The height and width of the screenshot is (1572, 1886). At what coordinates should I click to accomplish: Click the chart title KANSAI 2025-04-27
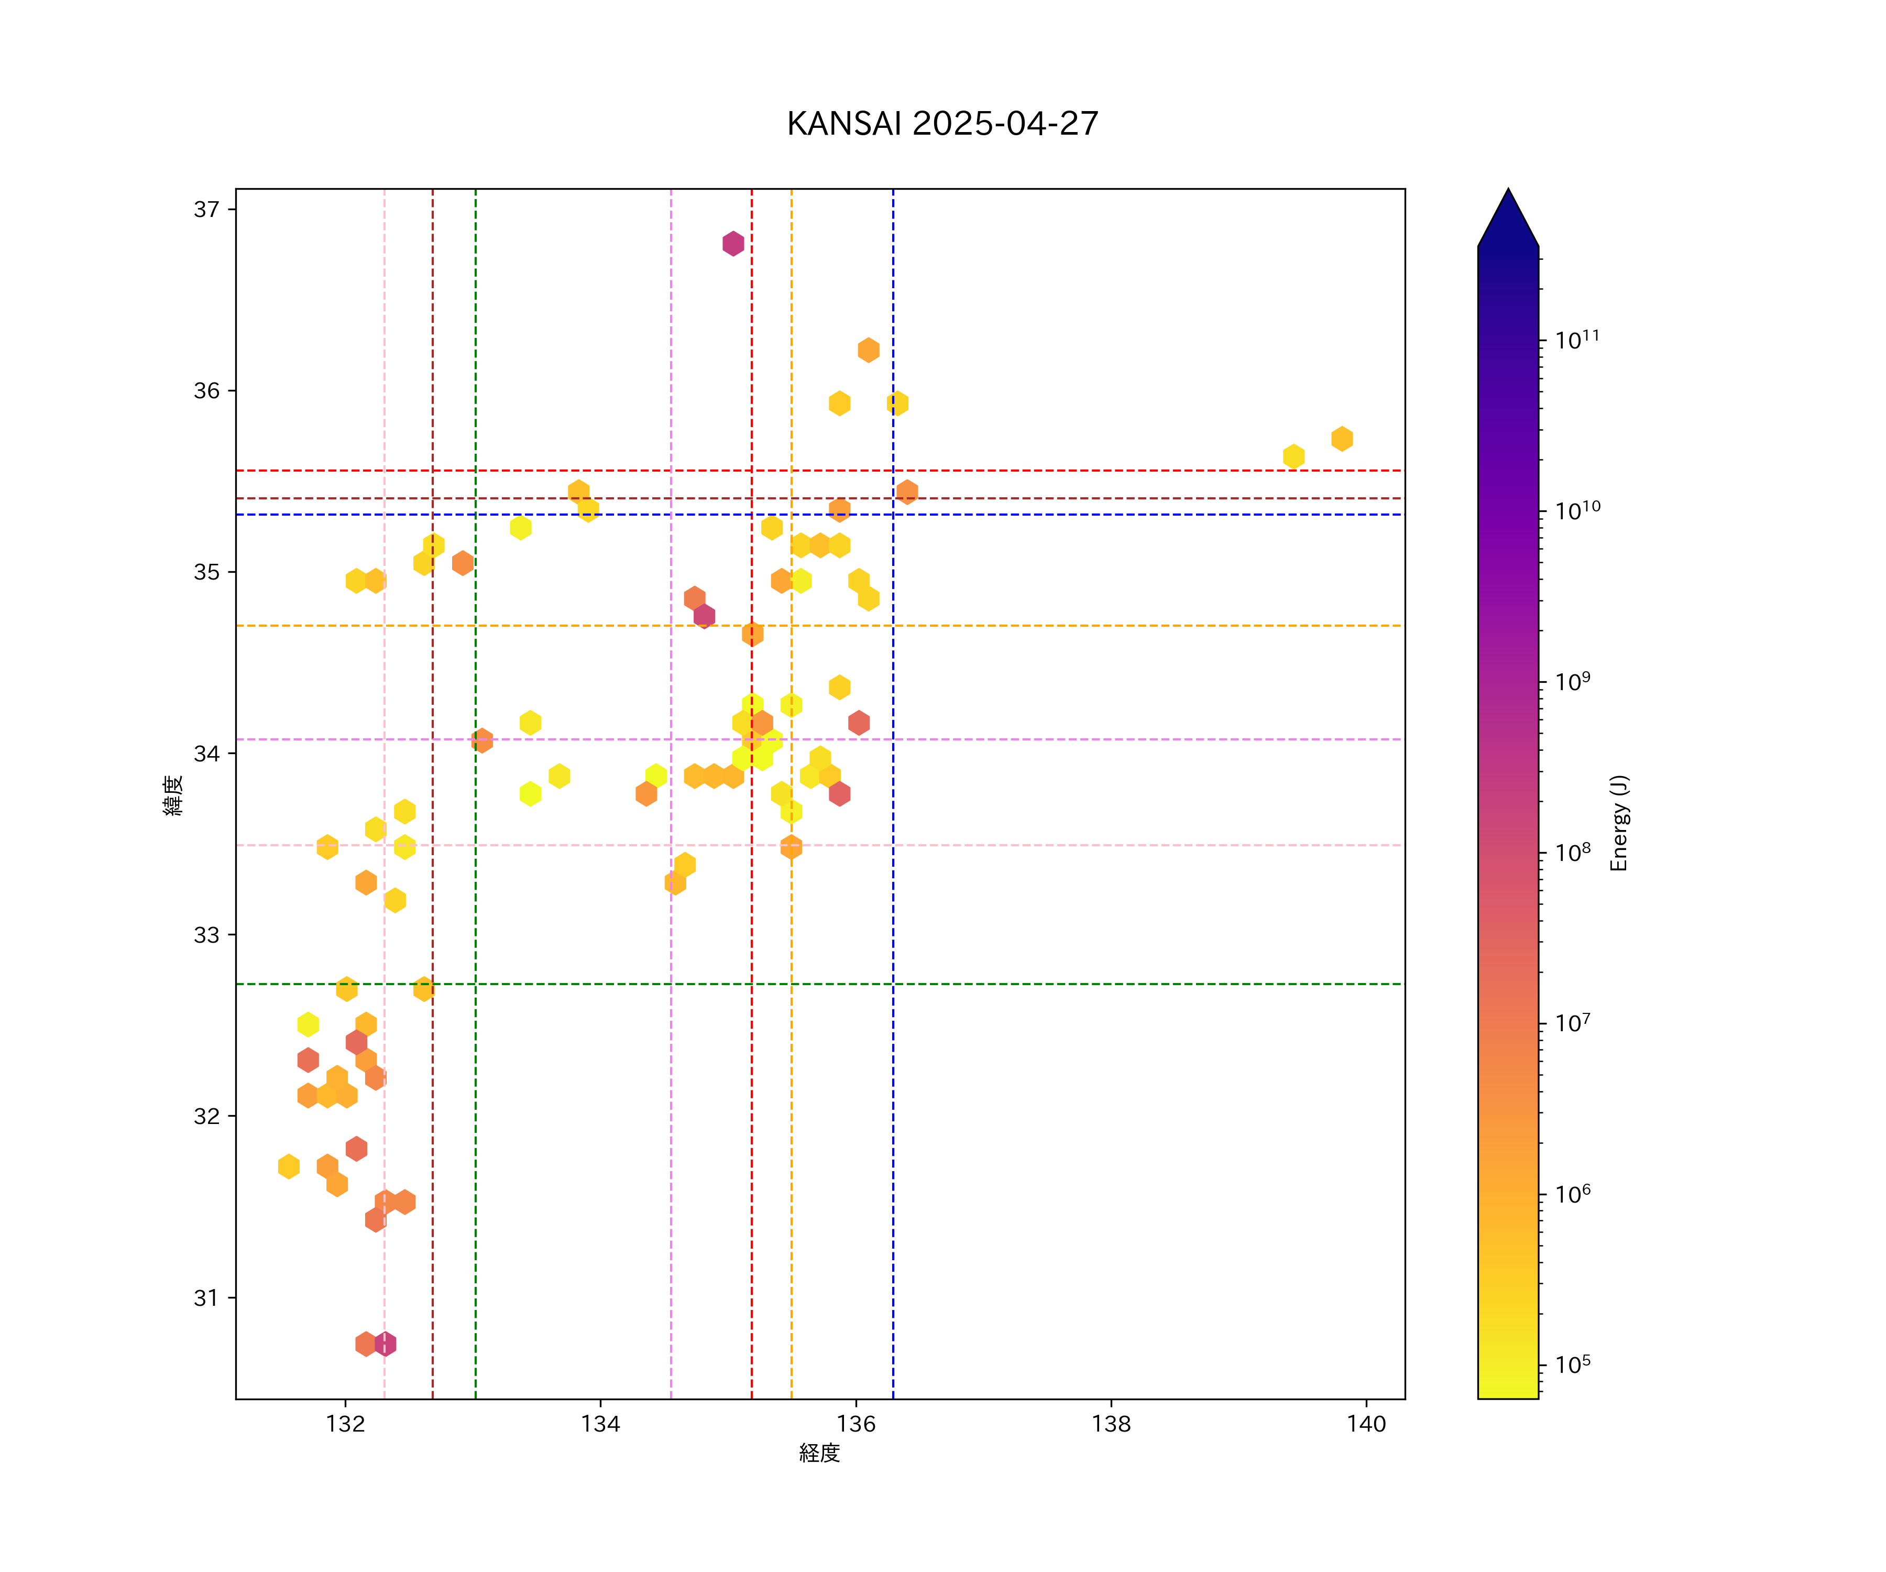tap(942, 124)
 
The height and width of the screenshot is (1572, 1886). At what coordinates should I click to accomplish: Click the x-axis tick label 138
tap(1111, 1424)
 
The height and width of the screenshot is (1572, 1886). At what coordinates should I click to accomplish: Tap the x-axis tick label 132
tap(345, 1424)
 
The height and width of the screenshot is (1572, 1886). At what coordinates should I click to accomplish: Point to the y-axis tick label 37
tap(206, 209)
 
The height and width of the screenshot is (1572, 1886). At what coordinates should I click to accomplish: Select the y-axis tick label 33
tap(206, 935)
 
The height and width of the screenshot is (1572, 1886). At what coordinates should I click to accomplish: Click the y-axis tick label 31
tap(206, 1298)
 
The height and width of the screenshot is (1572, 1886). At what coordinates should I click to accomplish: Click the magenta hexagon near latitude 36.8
tap(733, 244)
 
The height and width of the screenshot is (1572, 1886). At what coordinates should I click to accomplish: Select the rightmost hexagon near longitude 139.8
tap(1342, 439)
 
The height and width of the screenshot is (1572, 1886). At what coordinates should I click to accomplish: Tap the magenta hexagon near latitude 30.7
tap(385, 1344)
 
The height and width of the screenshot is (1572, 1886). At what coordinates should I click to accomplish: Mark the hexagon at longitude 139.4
tap(1293, 456)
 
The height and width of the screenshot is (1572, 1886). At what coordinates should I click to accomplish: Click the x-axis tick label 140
tap(1366, 1424)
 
